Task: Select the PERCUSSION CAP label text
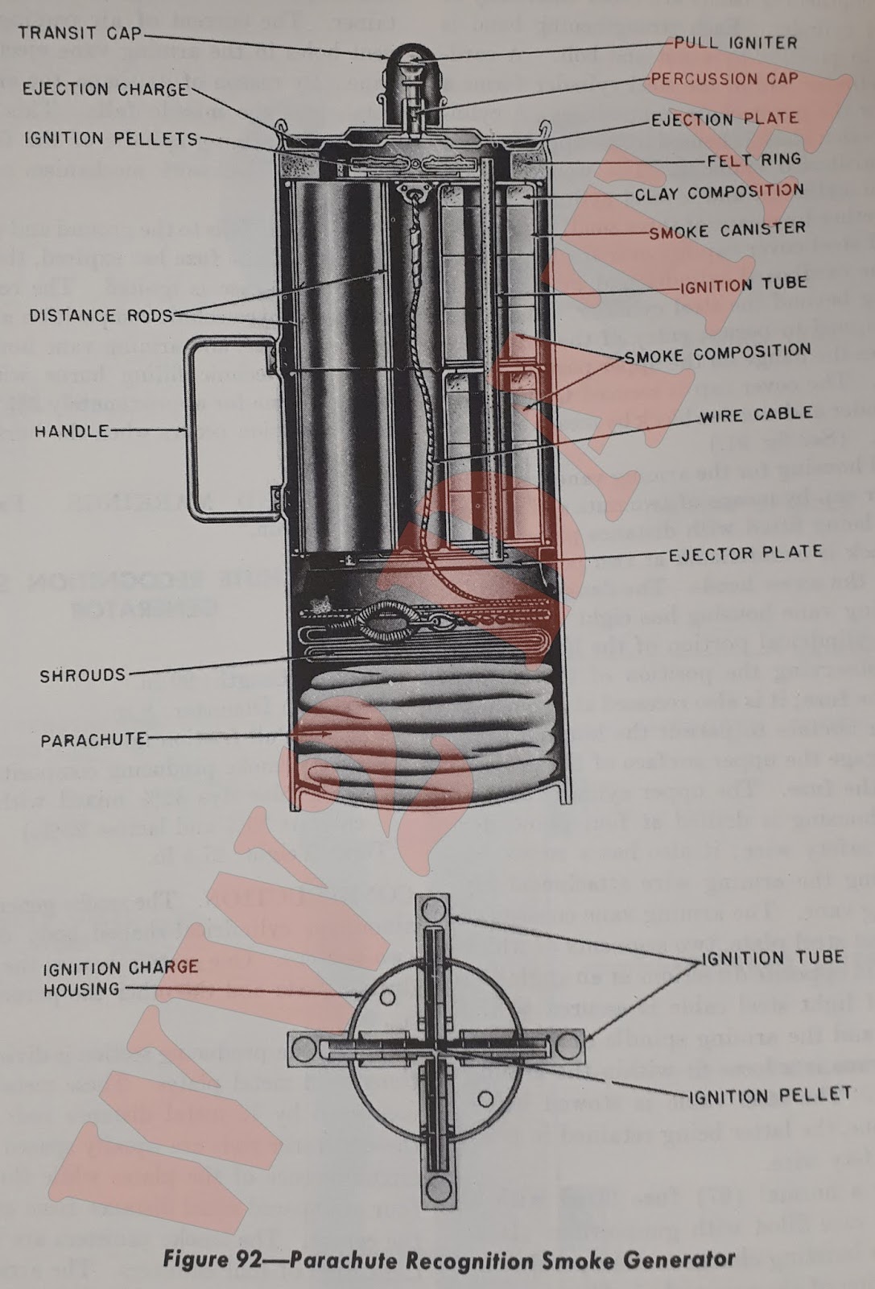(x=724, y=79)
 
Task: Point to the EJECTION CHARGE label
(x=105, y=89)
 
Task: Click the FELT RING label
(x=753, y=160)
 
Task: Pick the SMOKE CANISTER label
(x=727, y=230)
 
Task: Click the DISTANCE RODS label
(x=101, y=315)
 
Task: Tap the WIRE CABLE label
(x=756, y=415)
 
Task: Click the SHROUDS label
(x=83, y=675)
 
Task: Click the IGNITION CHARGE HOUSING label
(x=121, y=977)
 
